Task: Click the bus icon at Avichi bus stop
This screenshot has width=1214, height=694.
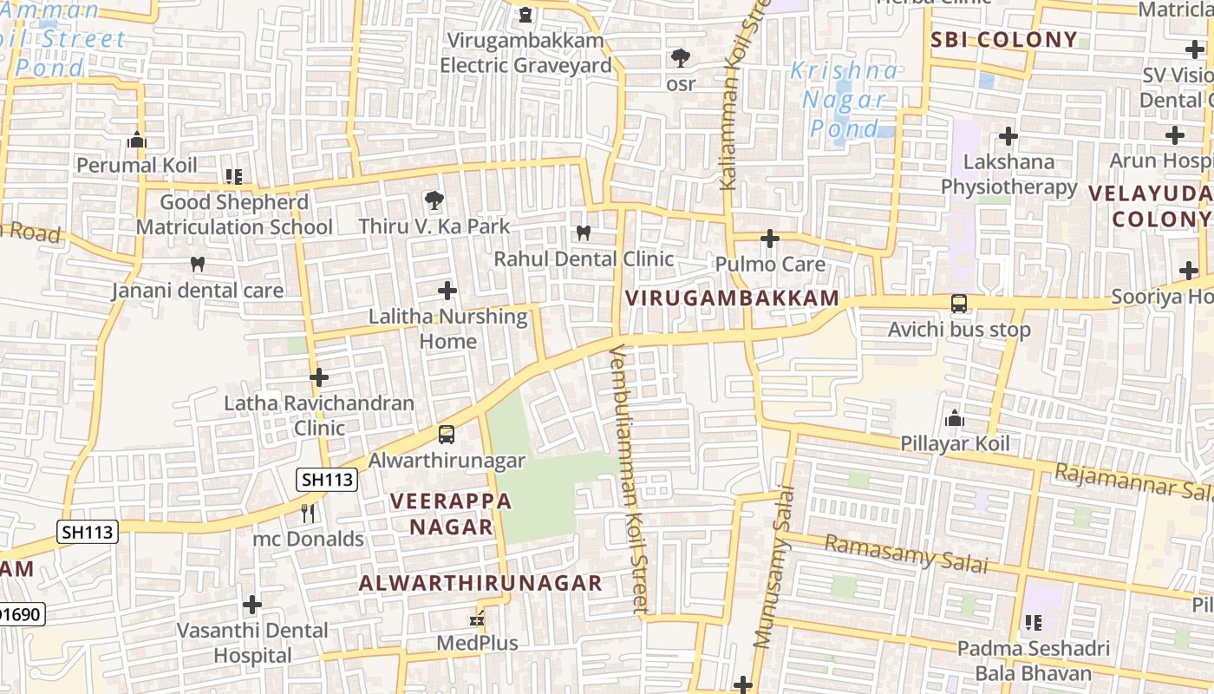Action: click(959, 304)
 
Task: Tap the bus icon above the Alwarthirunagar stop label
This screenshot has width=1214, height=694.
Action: click(447, 435)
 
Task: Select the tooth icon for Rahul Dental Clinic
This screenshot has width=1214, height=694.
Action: click(584, 232)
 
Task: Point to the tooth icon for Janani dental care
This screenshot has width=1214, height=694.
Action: click(198, 264)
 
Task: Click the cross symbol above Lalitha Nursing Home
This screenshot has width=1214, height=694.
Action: click(447, 291)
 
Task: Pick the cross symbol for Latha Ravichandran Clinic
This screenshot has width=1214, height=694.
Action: click(319, 377)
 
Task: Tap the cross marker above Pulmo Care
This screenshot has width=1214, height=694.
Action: click(770, 239)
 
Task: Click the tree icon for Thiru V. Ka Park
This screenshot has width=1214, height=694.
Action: click(433, 201)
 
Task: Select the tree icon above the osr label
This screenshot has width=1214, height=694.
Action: click(681, 58)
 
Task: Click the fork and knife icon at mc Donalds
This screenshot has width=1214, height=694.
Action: click(308, 514)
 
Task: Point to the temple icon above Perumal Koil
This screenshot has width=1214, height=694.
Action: click(136, 140)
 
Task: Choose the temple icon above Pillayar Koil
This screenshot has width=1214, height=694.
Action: click(955, 418)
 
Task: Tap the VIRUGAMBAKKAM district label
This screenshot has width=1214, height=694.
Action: click(733, 298)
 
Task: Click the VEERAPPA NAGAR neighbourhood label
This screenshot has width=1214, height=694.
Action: click(451, 514)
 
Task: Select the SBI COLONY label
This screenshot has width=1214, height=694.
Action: click(1003, 40)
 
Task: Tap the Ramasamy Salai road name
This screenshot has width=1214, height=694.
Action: click(905, 553)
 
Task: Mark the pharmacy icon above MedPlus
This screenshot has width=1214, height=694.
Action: click(475, 619)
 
